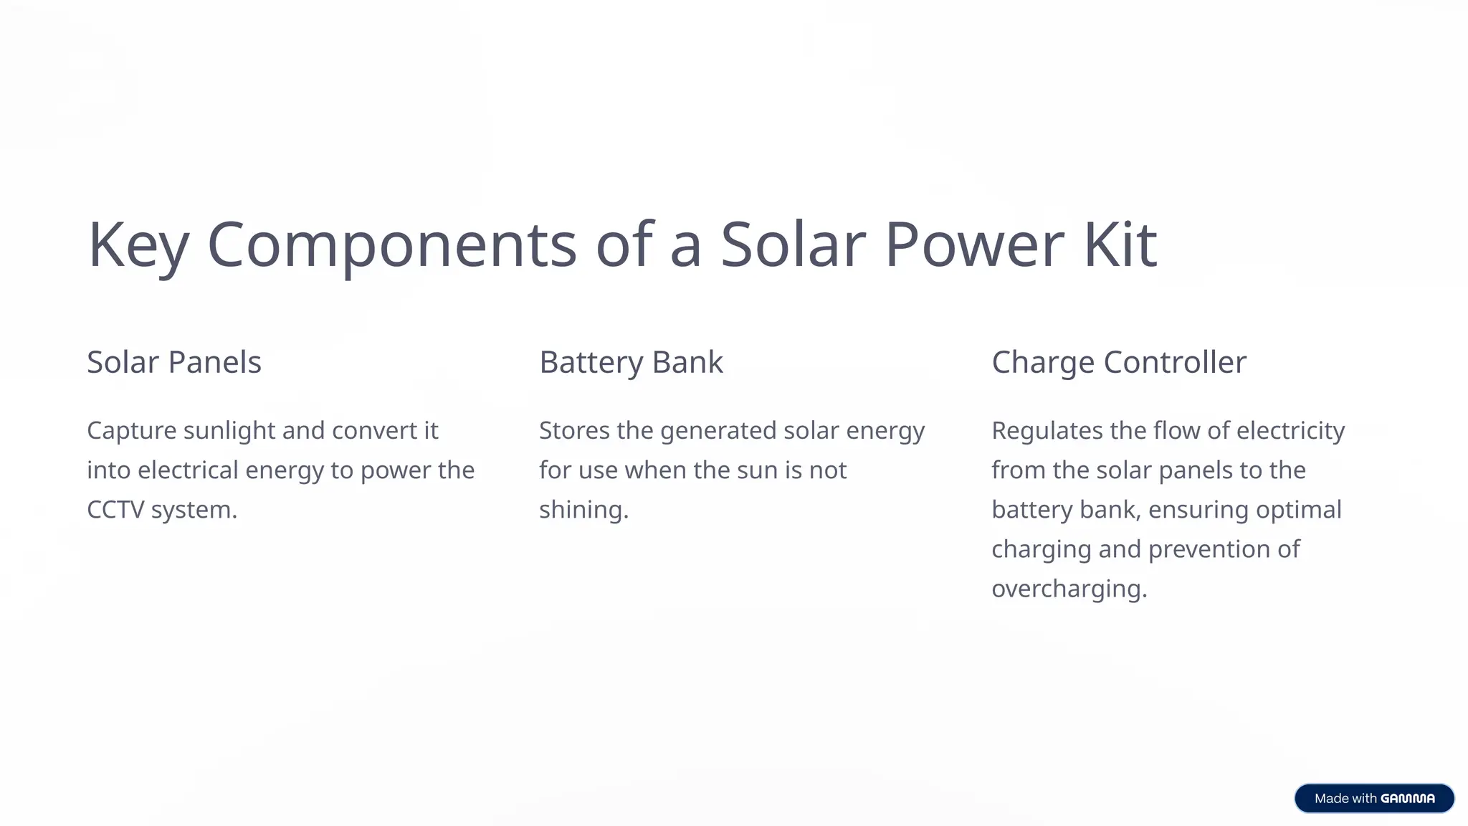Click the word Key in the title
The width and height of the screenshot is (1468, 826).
coord(138,245)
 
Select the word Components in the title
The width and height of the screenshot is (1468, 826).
coord(391,245)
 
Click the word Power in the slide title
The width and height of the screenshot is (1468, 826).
coord(974,245)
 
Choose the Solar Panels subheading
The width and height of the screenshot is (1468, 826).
coord(174,362)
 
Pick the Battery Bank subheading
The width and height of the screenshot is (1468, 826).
coord(631,362)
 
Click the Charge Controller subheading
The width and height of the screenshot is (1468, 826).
coord(1119,362)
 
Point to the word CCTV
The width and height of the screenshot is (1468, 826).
coord(115,510)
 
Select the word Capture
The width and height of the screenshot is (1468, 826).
coord(131,431)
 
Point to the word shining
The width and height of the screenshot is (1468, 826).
coord(583,510)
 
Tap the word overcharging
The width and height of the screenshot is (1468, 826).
coord(1069,589)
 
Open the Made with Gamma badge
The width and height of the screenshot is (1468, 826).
coord(1374,798)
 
